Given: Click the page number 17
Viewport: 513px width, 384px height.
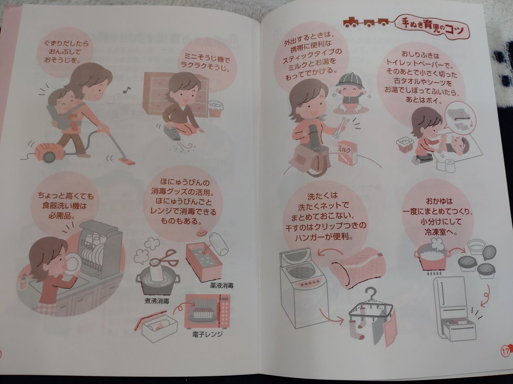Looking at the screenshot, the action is coord(505,351).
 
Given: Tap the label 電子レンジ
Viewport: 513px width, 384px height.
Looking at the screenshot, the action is coord(207,335).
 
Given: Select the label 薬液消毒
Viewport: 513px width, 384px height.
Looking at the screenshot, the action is coord(222,285).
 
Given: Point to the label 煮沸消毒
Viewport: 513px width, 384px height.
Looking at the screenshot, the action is coord(157,301).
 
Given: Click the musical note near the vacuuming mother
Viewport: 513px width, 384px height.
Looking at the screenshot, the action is coord(127,90).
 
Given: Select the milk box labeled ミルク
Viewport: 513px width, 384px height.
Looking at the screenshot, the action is coord(347,153).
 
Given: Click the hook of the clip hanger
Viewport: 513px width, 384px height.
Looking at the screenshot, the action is coord(371,294).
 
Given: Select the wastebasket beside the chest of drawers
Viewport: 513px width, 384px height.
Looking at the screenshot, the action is coord(215,108).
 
